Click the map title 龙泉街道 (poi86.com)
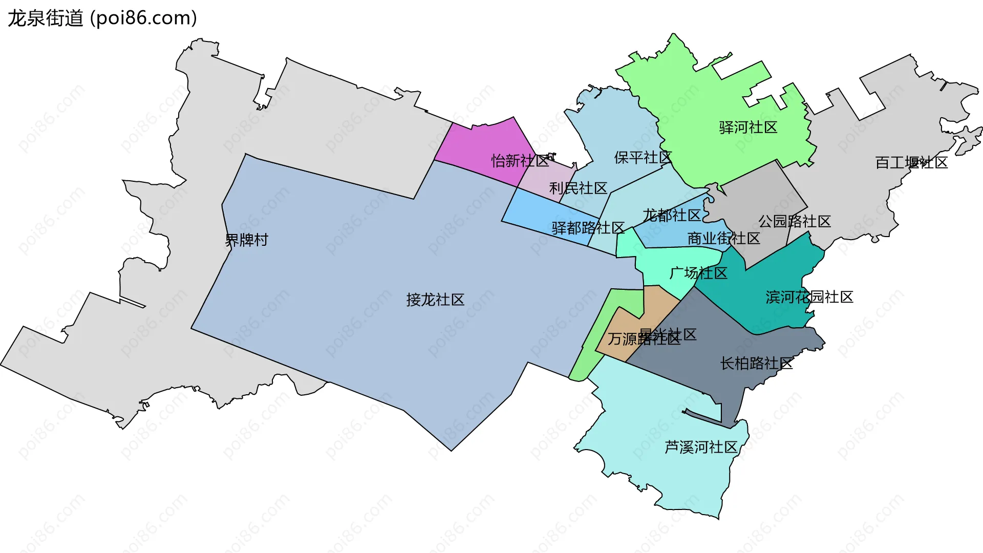[x=102, y=18]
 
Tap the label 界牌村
[x=246, y=240]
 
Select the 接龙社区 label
[x=435, y=300]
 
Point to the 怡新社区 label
[x=520, y=161]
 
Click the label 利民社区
[x=578, y=188]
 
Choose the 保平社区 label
[x=643, y=158]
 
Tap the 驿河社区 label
[x=748, y=127]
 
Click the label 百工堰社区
[x=911, y=163]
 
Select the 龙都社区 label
[x=671, y=215]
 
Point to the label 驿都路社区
[x=588, y=228]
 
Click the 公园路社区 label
[x=794, y=221]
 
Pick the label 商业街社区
[x=723, y=238]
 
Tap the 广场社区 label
[x=698, y=273]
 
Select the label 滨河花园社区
[x=809, y=297]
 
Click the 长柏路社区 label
[x=756, y=364]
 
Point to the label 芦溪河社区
[x=700, y=447]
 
